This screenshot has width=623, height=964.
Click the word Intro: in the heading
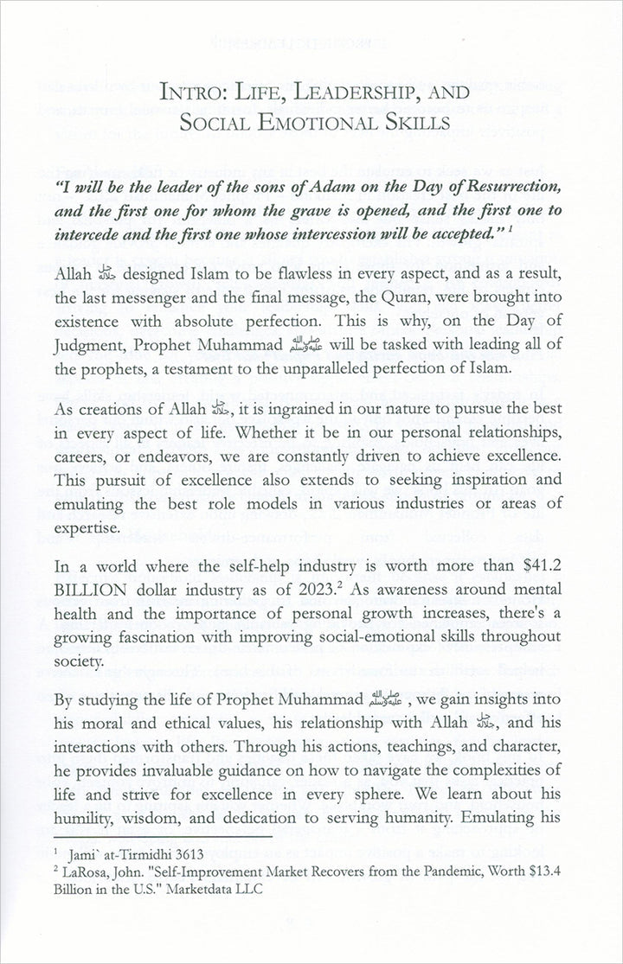click(x=205, y=92)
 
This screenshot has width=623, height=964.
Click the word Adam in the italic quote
click(x=336, y=188)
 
